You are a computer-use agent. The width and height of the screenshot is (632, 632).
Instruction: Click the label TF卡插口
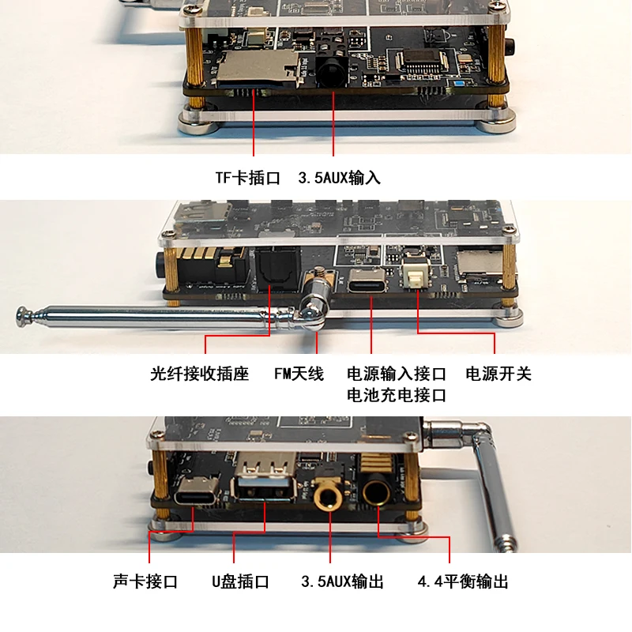tap(247, 177)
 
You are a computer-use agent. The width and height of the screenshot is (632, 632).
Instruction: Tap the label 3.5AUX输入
tap(339, 177)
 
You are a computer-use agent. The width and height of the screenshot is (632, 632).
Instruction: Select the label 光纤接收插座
tap(200, 374)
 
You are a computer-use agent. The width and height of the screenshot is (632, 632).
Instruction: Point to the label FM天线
tap(299, 374)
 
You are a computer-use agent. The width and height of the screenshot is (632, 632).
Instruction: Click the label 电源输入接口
tap(397, 374)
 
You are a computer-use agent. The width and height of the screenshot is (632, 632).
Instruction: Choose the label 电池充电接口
tap(397, 395)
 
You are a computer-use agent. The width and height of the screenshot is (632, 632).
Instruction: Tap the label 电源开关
tap(498, 374)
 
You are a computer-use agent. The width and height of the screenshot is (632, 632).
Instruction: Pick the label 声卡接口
tap(145, 581)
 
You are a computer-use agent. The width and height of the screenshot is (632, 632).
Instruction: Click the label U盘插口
tap(240, 581)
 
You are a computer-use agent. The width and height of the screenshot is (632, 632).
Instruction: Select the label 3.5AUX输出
tap(342, 581)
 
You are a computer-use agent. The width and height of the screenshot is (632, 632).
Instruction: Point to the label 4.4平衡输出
tap(463, 581)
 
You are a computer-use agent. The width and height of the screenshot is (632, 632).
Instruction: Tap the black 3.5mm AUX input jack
tap(332, 73)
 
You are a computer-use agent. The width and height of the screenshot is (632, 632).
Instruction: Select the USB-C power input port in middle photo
tap(367, 281)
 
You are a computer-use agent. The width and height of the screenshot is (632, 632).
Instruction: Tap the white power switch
tap(416, 274)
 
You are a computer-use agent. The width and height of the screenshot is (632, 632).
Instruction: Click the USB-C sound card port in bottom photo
tap(197, 491)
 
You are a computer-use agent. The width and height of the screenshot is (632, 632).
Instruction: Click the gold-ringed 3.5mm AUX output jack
tap(328, 492)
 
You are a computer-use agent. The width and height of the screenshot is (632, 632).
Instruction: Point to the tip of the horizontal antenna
tap(19, 314)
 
